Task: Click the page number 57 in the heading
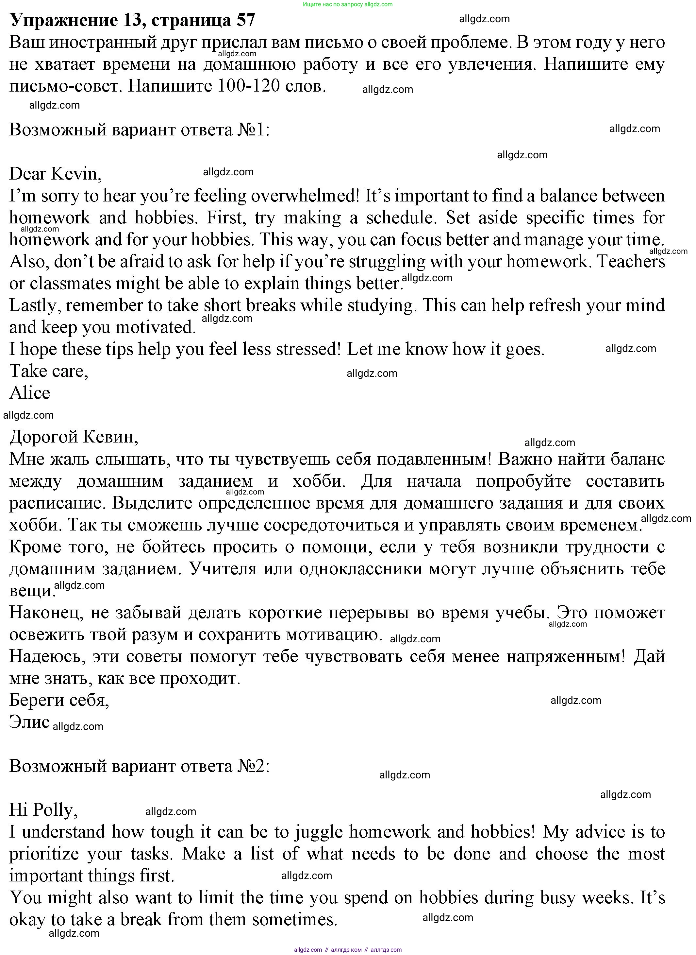tap(246, 20)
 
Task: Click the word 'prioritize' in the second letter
tap(44, 854)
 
